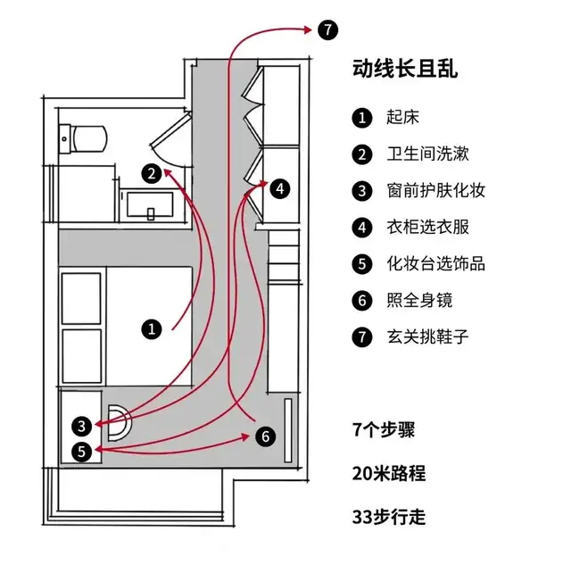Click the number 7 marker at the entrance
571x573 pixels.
tap(327, 30)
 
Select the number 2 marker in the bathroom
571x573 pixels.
tap(153, 172)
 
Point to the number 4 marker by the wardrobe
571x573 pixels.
tap(280, 188)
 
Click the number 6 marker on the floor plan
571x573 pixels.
tap(265, 436)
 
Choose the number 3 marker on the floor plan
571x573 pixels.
tap(82, 426)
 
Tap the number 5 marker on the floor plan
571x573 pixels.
tap(82, 451)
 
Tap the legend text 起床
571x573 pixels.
tap(402, 117)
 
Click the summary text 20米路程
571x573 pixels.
tap(389, 472)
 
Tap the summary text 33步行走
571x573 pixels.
tap(389, 516)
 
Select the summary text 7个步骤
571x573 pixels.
tap(385, 428)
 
